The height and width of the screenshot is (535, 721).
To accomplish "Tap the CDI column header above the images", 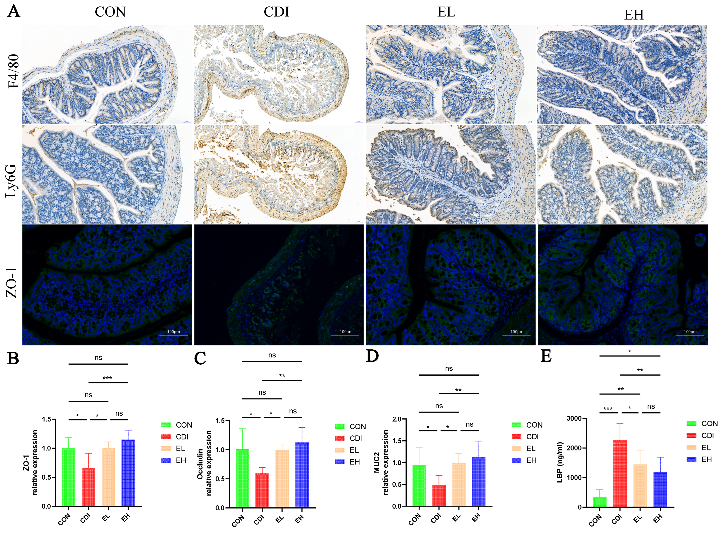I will point(276,12).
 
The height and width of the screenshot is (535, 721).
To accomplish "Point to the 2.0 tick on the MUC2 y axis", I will point(397,419).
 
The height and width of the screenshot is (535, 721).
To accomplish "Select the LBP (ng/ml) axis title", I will point(560,462).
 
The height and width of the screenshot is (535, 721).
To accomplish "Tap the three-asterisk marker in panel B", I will point(107,378).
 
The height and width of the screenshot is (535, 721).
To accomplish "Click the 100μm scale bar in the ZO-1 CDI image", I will point(345,335).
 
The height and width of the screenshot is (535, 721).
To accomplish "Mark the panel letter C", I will point(200,358).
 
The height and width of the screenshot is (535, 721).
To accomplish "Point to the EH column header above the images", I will point(633,15).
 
